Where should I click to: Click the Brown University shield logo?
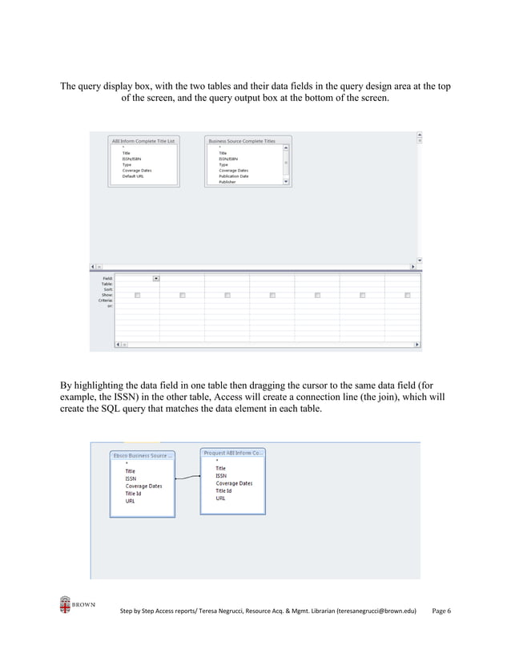(x=65, y=605)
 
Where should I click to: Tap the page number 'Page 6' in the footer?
(x=441, y=612)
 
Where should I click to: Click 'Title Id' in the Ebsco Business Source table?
(x=135, y=493)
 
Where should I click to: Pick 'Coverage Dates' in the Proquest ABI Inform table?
(x=234, y=483)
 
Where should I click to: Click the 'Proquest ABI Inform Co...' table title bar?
(x=233, y=453)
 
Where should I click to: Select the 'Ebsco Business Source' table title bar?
(x=142, y=455)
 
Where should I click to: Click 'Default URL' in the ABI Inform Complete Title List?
(x=133, y=176)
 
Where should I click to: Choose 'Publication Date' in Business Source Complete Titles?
(x=233, y=176)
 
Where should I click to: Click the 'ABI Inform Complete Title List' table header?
(x=143, y=140)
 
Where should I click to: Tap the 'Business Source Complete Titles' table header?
(x=242, y=140)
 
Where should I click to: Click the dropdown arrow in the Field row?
(x=155, y=278)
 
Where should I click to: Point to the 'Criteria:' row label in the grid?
(x=105, y=301)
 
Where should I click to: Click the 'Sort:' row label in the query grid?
(x=107, y=289)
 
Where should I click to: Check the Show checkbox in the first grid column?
(x=137, y=295)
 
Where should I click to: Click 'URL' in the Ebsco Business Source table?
(x=130, y=501)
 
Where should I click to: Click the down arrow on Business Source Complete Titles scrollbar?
(x=287, y=182)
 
